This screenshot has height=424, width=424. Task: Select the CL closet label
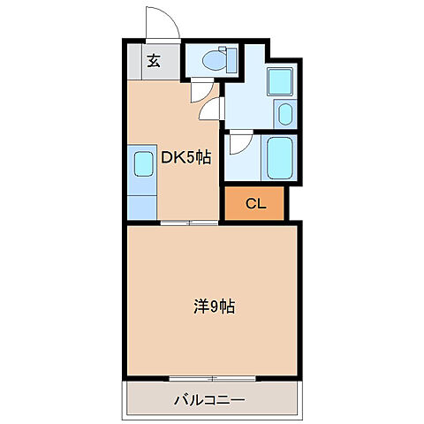tap(255, 204)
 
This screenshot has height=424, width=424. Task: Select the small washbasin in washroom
tap(284, 115)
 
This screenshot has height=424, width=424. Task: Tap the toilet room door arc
tap(201, 88)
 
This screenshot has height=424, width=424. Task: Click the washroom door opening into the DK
tap(212, 110)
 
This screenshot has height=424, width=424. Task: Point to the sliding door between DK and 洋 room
tap(188, 223)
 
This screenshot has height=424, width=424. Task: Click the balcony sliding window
tap(213, 380)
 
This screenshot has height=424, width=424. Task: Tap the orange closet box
tap(255, 204)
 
